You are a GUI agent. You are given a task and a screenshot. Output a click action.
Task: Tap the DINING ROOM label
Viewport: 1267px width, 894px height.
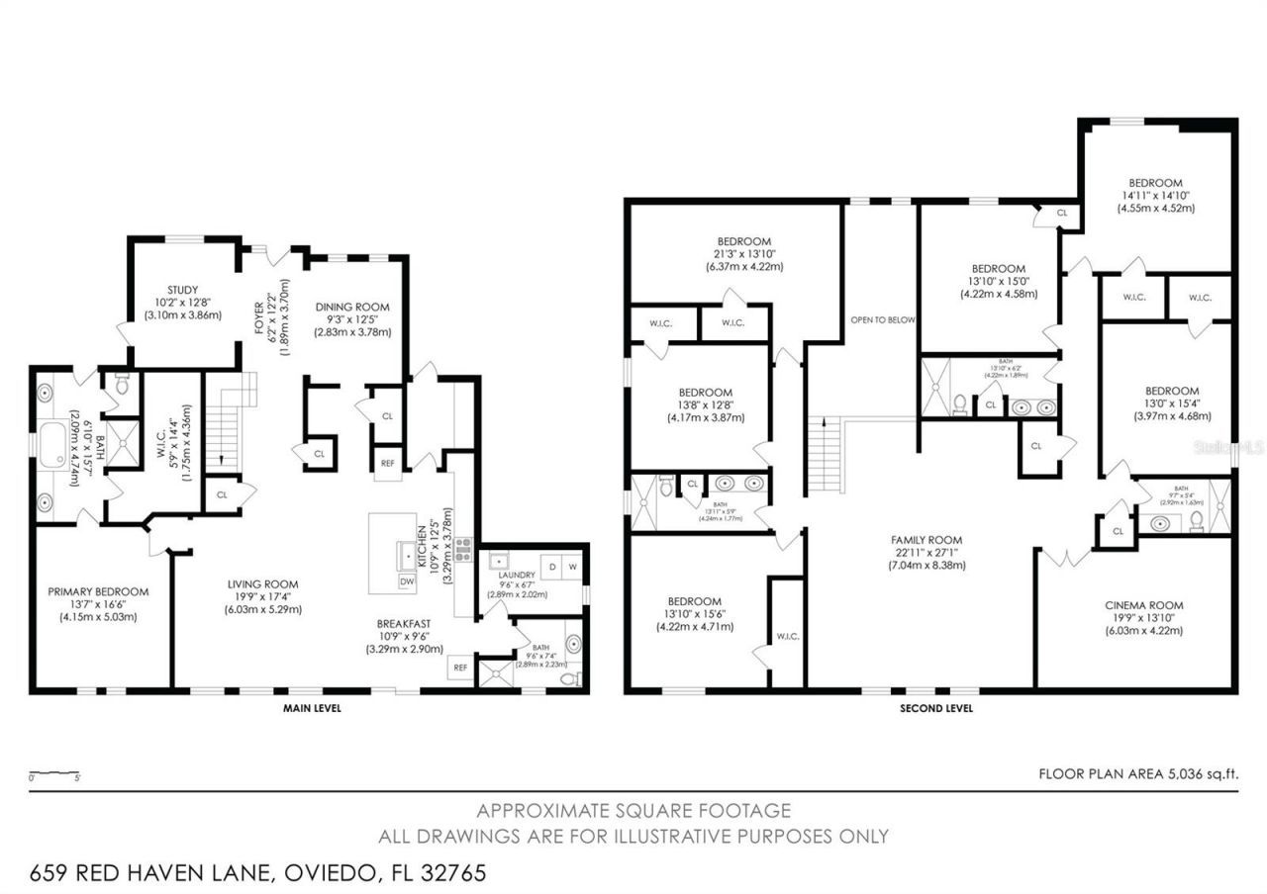pyautogui.click(x=352, y=308)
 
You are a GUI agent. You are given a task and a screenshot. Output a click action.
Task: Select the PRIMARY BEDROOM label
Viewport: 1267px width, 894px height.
pyautogui.click(x=98, y=591)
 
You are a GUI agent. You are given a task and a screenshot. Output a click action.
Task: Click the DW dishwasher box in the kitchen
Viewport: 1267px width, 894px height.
pyautogui.click(x=407, y=582)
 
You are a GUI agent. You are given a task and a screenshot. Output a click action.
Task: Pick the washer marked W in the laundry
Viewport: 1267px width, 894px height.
pyautogui.click(x=571, y=566)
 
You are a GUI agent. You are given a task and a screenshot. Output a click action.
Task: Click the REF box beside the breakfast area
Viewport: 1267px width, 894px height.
pyautogui.click(x=460, y=668)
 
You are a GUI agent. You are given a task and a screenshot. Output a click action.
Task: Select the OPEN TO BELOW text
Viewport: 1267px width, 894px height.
pyautogui.click(x=883, y=319)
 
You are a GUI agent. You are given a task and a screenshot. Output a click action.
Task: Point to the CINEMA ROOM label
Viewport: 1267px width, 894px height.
pyautogui.click(x=1143, y=605)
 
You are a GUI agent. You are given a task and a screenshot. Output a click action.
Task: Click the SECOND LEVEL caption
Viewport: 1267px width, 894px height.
pyautogui.click(x=935, y=708)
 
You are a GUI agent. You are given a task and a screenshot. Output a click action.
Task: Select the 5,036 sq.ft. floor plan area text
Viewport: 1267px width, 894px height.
pyautogui.click(x=1200, y=774)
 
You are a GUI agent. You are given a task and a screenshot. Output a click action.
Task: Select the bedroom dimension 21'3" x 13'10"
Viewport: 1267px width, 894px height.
pyautogui.click(x=743, y=254)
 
